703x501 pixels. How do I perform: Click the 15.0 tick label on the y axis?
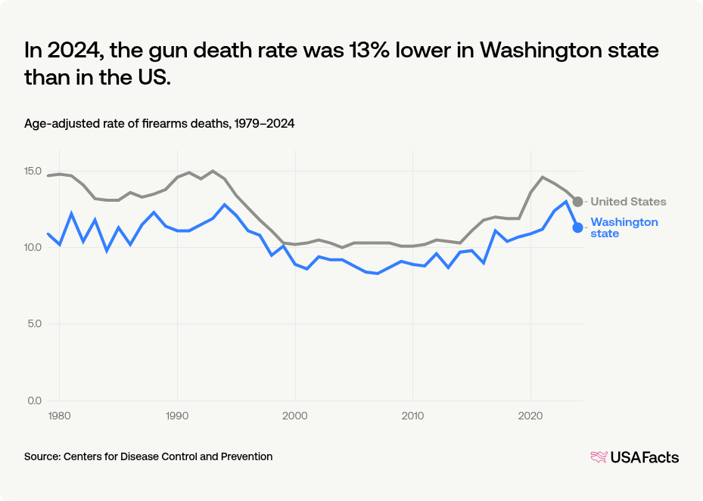tap(33, 171)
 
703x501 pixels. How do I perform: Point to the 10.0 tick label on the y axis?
tap(33, 247)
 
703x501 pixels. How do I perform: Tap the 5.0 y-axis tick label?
tap(36, 324)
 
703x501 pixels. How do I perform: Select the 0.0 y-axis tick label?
tap(36, 400)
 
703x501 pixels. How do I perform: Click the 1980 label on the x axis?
tap(60, 415)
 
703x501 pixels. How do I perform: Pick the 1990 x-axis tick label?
tap(177, 415)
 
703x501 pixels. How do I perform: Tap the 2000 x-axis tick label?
tap(295, 415)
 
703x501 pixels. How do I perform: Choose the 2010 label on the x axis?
tap(412, 415)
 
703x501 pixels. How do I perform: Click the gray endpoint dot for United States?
tap(577, 202)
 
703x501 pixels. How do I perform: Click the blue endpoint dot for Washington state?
tap(577, 227)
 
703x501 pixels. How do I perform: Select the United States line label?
tap(628, 202)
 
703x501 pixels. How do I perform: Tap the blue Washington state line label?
tap(624, 227)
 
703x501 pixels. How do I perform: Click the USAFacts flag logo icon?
tap(599, 456)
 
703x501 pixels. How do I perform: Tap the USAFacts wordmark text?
tap(645, 456)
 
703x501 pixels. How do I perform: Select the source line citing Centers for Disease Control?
tap(148, 456)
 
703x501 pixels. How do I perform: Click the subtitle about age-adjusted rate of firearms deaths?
tap(159, 123)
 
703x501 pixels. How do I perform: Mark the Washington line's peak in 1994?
tap(224, 204)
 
